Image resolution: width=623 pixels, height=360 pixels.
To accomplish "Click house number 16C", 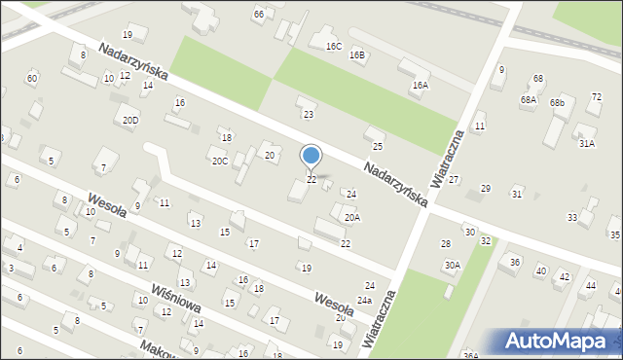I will pyautogui.click(x=334, y=46).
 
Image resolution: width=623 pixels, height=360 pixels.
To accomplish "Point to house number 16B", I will pyautogui.click(x=358, y=55).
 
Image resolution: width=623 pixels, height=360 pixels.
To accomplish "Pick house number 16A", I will pyautogui.click(x=420, y=86).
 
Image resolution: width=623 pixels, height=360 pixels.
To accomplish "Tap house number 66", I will pyautogui.click(x=258, y=14).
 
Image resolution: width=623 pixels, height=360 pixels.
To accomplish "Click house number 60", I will pyautogui.click(x=32, y=78).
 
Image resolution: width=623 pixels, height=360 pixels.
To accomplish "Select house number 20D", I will pyautogui.click(x=130, y=121).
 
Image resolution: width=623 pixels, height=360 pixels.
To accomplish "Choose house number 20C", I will pyautogui.click(x=220, y=162).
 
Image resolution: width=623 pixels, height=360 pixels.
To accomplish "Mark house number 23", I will pyautogui.click(x=309, y=115).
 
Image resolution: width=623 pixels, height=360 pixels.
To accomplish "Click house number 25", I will pyautogui.click(x=378, y=147).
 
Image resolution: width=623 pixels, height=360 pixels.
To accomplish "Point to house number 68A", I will pyautogui.click(x=529, y=100).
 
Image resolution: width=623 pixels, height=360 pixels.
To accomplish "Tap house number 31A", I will pyautogui.click(x=587, y=143).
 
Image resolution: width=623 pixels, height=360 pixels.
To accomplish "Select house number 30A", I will pyautogui.click(x=453, y=265).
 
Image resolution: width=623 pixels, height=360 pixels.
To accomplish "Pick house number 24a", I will pyautogui.click(x=364, y=301).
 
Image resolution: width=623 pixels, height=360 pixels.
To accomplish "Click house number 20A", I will pyautogui.click(x=351, y=218).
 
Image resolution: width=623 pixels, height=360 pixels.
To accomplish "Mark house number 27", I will pyautogui.click(x=454, y=181).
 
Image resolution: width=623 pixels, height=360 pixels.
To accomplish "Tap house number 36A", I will pyautogui.click(x=470, y=355).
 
